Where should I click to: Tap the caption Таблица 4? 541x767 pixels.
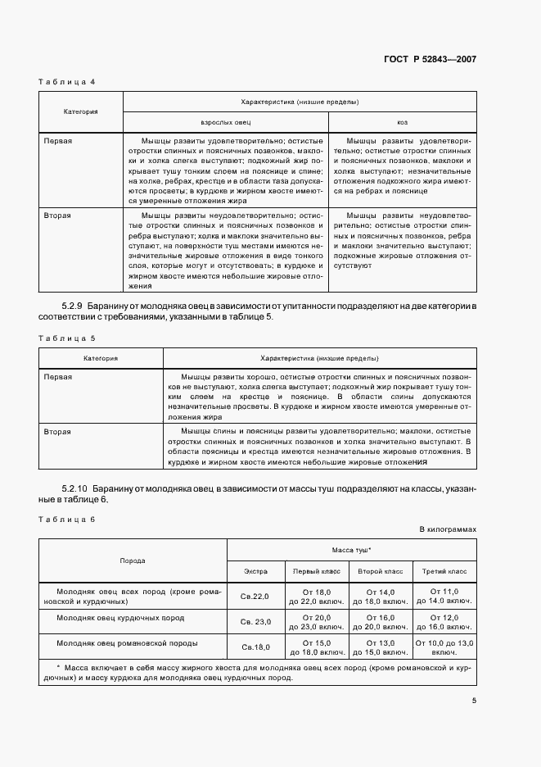pyautogui.click(x=68, y=83)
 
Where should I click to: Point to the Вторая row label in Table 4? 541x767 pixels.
pyautogui.click(x=58, y=215)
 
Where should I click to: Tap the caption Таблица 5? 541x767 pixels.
pyautogui.click(x=68, y=338)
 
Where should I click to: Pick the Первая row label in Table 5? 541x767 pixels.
pyautogui.click(x=58, y=376)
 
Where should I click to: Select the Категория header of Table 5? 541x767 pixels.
pyautogui.click(x=101, y=358)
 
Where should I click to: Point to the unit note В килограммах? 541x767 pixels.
pyautogui.click(x=447, y=529)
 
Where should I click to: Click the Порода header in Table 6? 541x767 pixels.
pyautogui.click(x=133, y=560)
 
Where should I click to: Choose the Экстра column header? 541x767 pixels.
pyautogui.click(x=255, y=570)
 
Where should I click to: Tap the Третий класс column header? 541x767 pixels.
pyautogui.click(x=444, y=570)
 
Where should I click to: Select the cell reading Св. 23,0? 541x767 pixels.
pyautogui.click(x=255, y=621)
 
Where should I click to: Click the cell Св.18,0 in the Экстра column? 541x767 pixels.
pyautogui.click(x=255, y=647)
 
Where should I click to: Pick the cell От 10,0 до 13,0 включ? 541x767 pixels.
pyautogui.click(x=444, y=647)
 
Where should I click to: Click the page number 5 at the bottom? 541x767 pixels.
pyautogui.click(x=474, y=700)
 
